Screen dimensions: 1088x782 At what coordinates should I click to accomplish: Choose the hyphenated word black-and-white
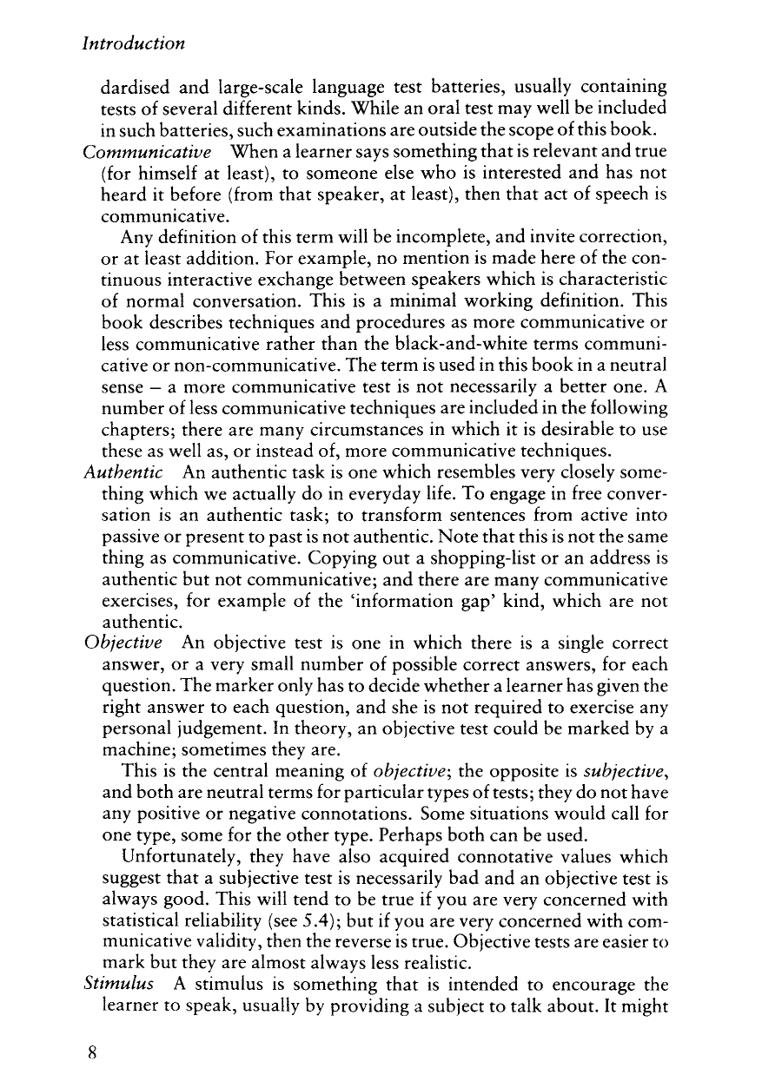(500, 341)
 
